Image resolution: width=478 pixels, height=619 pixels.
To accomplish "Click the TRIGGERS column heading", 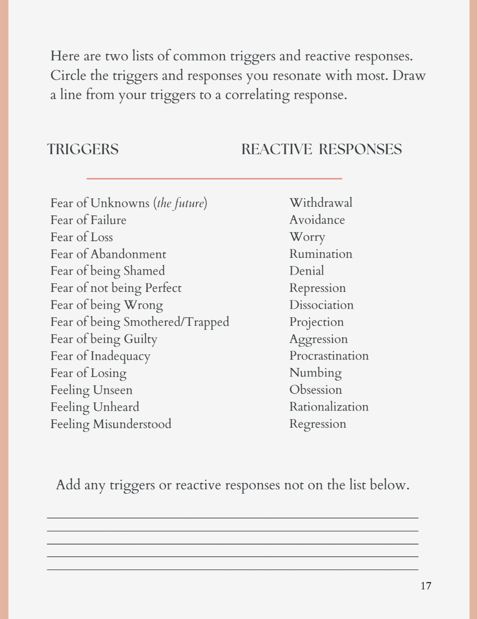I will pos(83,149).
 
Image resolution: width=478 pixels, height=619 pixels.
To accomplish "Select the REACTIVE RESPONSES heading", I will pos(321,149).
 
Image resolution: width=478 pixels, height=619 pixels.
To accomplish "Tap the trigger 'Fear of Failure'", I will pos(88,220).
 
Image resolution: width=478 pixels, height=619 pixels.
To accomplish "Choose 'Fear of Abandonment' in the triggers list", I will pos(108,254).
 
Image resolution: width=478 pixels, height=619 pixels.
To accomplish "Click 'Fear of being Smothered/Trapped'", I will pos(140,322).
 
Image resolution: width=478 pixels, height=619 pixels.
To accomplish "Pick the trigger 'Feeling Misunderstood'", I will pos(110,424).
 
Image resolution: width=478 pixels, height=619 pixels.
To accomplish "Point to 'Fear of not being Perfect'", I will pos(116,288).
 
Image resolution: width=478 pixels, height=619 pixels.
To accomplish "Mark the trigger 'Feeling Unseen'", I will pos(91,390).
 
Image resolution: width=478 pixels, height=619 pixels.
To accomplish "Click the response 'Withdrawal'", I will pos(321,202).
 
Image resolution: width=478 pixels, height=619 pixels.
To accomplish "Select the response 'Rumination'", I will pos(321,254).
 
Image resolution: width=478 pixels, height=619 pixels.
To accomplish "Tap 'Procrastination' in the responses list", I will pos(329,356).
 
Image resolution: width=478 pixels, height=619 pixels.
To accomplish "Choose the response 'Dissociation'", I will pos(321,305).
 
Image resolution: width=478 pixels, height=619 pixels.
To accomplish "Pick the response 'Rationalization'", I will pos(329,407).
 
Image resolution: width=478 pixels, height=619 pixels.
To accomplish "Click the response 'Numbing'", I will pos(315,373).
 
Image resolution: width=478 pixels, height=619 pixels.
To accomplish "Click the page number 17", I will pos(426,586).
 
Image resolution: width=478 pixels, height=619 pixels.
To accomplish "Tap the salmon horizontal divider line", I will pos(214,178).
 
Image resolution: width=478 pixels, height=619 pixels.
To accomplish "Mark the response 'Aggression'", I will pos(318,339).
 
